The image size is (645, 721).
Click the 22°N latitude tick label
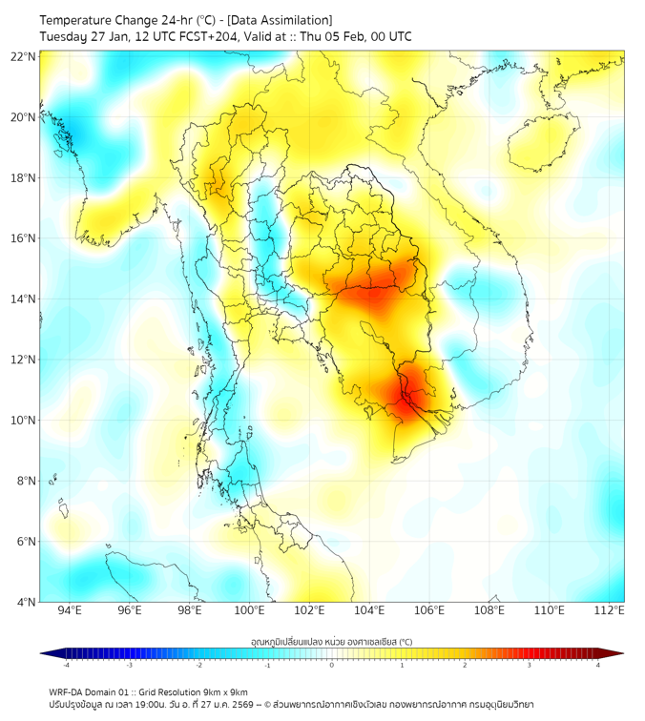(23, 56)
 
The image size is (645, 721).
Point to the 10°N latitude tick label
(23, 420)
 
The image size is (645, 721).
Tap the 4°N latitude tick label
(26, 602)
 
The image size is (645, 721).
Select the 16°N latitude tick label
(23, 238)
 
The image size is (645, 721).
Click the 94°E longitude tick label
(70, 611)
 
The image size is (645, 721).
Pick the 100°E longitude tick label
(249, 611)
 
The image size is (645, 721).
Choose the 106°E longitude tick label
(429, 611)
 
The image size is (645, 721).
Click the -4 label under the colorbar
(66, 666)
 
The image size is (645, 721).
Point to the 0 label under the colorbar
(332, 666)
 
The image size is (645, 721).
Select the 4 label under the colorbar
(598, 666)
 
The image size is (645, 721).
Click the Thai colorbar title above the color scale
(331, 642)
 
